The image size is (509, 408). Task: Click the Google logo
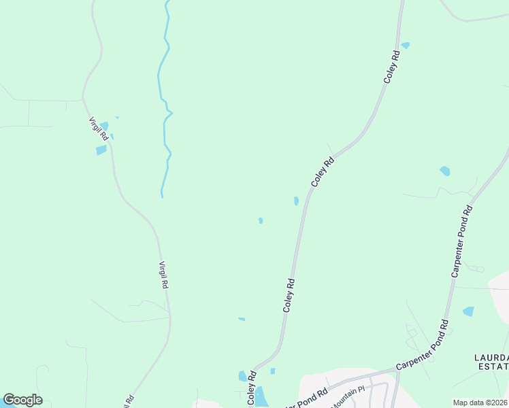pyautogui.click(x=22, y=400)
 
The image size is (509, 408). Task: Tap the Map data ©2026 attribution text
pyautogui.click(x=480, y=403)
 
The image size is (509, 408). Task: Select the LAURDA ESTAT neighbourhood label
pyautogui.click(x=491, y=362)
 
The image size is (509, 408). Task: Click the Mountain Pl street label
pyautogui.click(x=348, y=396)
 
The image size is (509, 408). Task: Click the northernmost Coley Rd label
pyautogui.click(x=391, y=67)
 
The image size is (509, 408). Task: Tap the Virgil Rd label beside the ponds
pyautogui.click(x=98, y=129)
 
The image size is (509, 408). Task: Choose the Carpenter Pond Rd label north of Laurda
pyautogui.click(x=461, y=242)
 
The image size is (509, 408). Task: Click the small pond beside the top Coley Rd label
pyautogui.click(x=406, y=46)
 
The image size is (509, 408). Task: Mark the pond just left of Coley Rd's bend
pyautogui.click(x=296, y=201)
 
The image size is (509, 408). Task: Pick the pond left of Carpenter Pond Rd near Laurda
pyautogui.click(x=468, y=311)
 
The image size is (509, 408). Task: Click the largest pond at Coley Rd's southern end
pyautogui.click(x=261, y=396)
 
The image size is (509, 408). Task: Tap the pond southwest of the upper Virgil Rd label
pyautogui.click(x=101, y=150)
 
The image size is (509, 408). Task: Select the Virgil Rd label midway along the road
pyautogui.click(x=163, y=275)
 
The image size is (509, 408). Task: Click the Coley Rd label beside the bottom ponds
pyautogui.click(x=251, y=388)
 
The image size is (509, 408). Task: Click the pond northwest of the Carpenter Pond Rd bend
pyautogui.click(x=445, y=171)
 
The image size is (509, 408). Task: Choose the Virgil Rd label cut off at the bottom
pyautogui.click(x=128, y=401)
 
